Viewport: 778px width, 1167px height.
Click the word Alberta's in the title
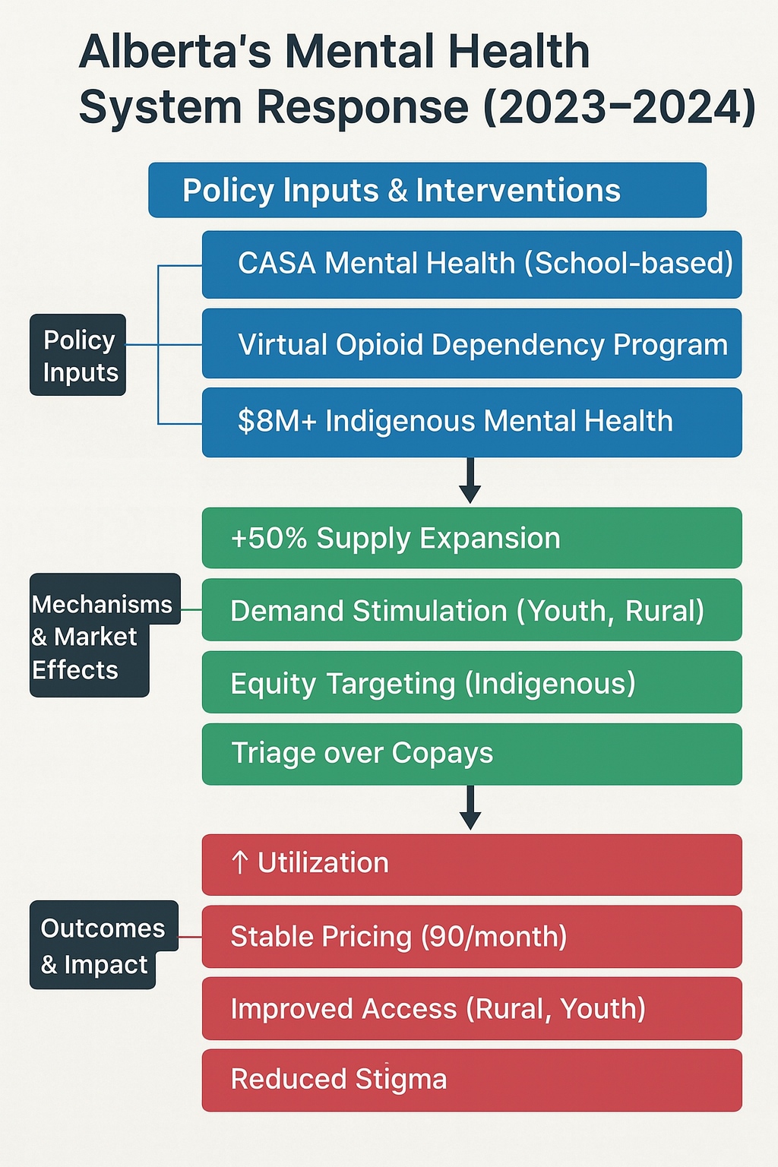176,52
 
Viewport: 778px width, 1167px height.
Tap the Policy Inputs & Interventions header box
427,190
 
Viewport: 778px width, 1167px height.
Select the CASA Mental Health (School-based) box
471,264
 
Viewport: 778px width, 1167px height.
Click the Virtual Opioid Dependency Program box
471,344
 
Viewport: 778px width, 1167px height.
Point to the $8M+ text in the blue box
277,421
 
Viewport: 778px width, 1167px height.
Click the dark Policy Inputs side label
78,355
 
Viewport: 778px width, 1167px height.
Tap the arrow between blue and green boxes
470,481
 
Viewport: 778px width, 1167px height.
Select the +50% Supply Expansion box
471,538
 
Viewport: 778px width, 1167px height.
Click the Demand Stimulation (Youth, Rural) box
471,610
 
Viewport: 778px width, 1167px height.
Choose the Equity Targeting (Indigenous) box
471,682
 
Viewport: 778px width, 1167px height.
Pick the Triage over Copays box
471,754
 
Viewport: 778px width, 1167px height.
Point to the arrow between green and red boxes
470,808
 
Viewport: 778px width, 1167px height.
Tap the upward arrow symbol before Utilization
240,862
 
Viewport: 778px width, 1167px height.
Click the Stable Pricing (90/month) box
471,936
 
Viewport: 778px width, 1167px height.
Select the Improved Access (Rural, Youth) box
471,1008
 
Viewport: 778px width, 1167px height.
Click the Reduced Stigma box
471,1080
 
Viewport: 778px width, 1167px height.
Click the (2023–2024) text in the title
619,106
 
